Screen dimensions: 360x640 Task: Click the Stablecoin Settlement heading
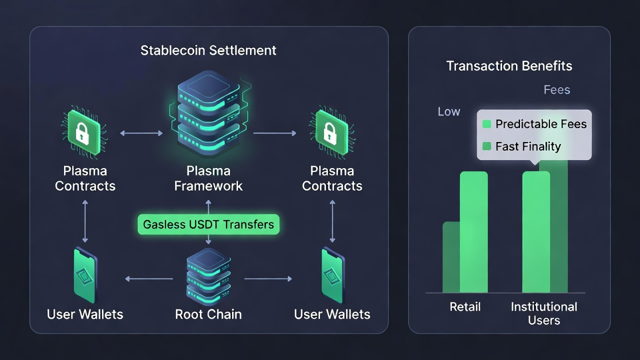click(x=208, y=50)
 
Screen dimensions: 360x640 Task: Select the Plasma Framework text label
click(x=208, y=178)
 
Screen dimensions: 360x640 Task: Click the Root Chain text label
click(x=208, y=314)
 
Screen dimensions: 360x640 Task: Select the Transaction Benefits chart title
click(x=509, y=66)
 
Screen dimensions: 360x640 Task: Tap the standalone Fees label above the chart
click(x=556, y=90)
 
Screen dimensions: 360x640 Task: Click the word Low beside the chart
click(x=448, y=112)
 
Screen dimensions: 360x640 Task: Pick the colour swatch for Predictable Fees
click(x=486, y=124)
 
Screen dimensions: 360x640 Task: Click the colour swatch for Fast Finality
click(x=486, y=146)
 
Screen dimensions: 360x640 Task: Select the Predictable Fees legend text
click(x=541, y=124)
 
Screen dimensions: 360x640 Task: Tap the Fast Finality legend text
click(x=528, y=146)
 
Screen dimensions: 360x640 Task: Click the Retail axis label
click(x=465, y=306)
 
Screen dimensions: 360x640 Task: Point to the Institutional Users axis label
click(x=544, y=313)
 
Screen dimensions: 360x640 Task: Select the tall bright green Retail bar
click(x=474, y=232)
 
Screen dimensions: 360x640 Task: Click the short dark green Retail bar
click(x=450, y=257)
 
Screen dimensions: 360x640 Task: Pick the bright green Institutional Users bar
click(x=536, y=232)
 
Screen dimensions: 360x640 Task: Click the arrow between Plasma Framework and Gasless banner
click(x=208, y=206)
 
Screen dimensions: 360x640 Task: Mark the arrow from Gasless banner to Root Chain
click(x=208, y=240)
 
